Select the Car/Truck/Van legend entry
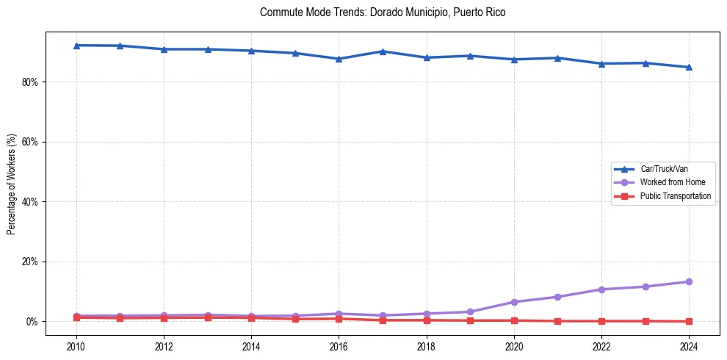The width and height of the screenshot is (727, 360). coord(664,169)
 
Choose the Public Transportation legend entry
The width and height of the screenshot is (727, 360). coord(675,196)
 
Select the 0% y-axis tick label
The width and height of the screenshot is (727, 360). coord(32,322)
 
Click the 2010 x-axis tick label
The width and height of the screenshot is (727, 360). coord(76,346)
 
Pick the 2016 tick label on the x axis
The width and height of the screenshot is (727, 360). coord(339,346)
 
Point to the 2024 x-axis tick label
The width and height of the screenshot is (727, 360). coord(689,346)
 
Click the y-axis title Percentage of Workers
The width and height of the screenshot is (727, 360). coord(12,184)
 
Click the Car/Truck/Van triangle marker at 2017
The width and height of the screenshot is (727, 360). coord(383,51)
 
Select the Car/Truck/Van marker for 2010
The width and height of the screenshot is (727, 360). coord(76,46)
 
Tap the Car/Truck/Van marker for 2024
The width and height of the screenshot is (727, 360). coord(689,67)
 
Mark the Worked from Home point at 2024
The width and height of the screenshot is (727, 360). coord(689,281)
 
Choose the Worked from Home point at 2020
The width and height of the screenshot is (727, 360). coord(514,302)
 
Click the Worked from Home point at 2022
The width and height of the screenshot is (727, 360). coord(601,289)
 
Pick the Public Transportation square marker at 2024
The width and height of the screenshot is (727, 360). coord(689,321)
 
